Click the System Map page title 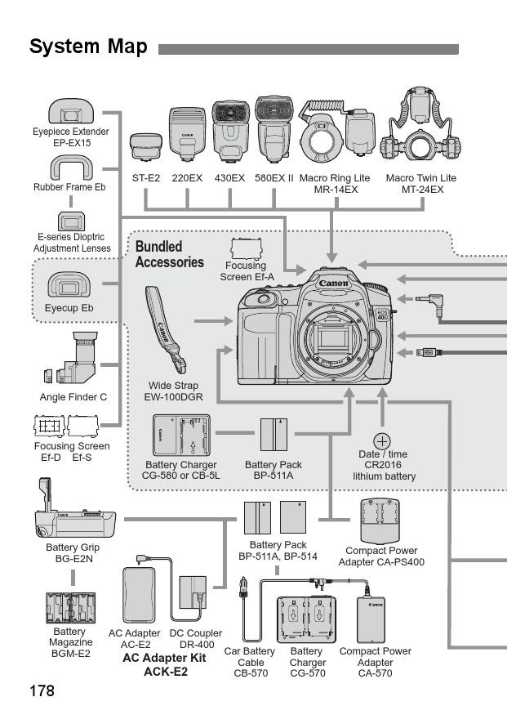click(88, 47)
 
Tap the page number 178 click(42, 690)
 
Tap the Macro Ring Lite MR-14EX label click(334, 183)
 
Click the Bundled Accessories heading click(169, 254)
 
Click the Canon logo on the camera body click(333, 284)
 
